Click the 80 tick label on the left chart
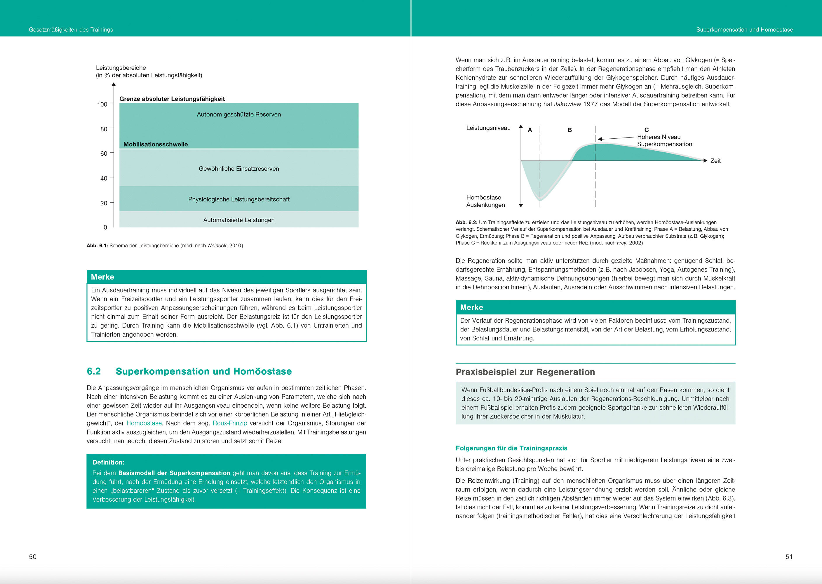tap(104, 129)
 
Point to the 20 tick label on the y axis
tap(104, 203)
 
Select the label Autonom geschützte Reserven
tap(239, 114)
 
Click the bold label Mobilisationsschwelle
tap(155, 144)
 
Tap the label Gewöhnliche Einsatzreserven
tap(239, 169)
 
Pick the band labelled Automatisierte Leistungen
tap(239, 220)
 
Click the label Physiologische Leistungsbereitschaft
tap(239, 199)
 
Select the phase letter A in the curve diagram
tap(530, 130)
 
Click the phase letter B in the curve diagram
tap(570, 130)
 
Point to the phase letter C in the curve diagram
tap(647, 130)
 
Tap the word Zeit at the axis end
tap(715, 161)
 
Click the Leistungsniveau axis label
tap(488, 128)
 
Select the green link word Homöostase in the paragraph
tap(144, 423)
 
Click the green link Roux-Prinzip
tap(230, 423)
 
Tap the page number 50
tap(33, 557)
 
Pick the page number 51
tap(789, 557)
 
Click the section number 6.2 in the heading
tap(94, 371)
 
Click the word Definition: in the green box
tap(108, 463)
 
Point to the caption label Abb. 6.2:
tap(466, 223)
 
